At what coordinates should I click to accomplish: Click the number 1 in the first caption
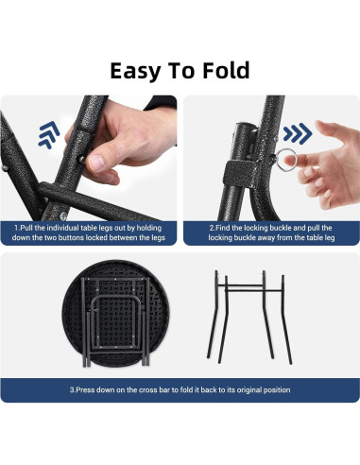15,228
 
